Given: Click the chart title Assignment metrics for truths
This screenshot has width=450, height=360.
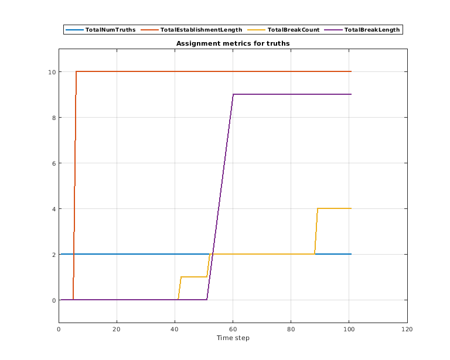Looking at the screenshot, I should [233, 43].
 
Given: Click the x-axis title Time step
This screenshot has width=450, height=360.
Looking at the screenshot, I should [233, 338].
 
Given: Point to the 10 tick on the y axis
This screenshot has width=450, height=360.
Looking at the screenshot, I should [52, 71].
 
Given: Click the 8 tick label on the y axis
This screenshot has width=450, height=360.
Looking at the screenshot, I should [53, 117].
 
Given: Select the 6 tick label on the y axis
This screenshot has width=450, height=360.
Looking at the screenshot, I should [53, 163].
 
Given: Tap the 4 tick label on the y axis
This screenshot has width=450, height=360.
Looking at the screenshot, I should [53, 208].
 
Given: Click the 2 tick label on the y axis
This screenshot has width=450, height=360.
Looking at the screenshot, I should [53, 254].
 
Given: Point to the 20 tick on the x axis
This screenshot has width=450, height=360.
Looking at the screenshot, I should [117, 329].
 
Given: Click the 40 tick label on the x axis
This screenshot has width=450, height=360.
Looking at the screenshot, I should [175, 329].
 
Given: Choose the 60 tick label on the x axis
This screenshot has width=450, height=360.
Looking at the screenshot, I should [233, 329].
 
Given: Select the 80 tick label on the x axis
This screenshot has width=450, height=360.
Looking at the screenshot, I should [291, 329].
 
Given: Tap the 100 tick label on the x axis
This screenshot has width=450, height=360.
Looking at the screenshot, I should [349, 329].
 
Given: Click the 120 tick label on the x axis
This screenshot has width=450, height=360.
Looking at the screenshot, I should [407, 329].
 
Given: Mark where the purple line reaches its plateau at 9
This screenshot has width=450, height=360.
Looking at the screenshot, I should [233, 94].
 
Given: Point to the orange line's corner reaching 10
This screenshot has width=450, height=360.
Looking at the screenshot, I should [76, 71].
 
